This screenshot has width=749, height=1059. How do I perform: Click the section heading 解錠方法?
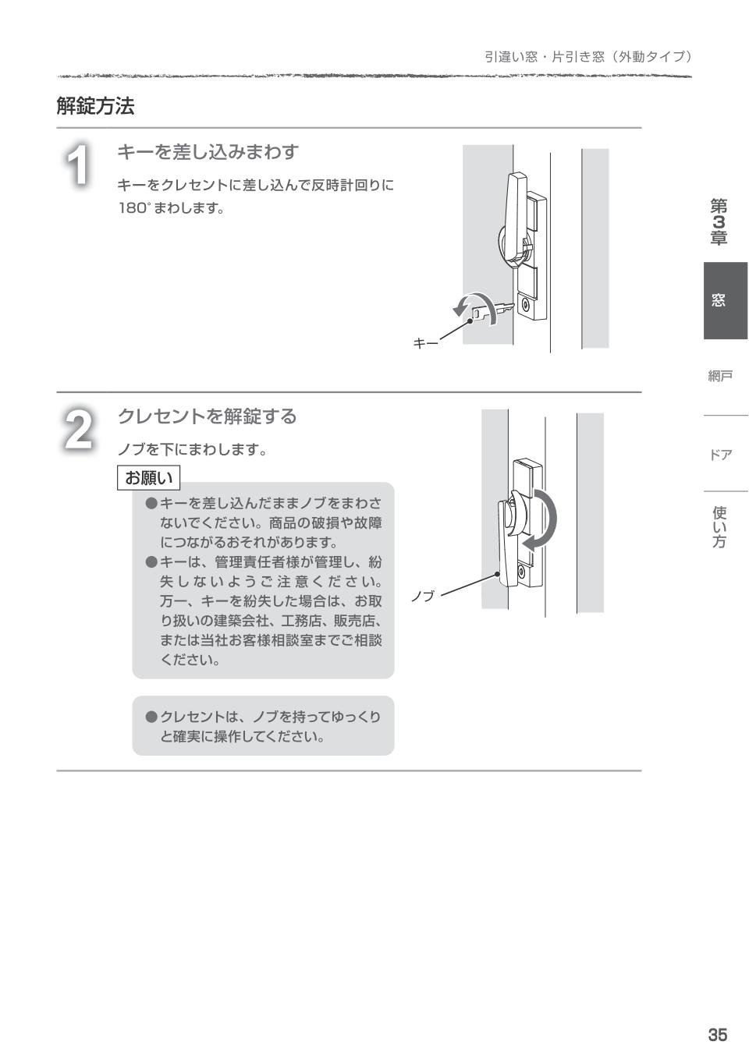pos(95,106)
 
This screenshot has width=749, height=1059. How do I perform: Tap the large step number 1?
pos(78,165)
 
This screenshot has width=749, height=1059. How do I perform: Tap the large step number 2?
pos(78,430)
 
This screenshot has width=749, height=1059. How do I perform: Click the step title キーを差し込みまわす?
pos(208,152)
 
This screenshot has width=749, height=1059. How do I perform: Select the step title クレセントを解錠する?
pos(207,416)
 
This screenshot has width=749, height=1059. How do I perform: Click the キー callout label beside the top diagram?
pos(425,343)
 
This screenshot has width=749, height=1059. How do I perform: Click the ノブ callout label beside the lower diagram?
pos(423,597)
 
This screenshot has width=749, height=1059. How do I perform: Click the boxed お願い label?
pos(148,477)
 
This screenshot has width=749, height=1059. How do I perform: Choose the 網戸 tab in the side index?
pos(720,377)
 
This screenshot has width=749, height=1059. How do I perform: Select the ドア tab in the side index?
pos(720,455)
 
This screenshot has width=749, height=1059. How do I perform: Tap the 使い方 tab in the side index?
pos(719,527)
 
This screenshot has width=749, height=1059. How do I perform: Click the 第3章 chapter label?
pos(719,222)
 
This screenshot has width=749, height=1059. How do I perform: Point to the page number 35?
pos(717,1035)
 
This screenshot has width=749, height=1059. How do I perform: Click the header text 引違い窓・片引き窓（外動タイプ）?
pos(588,57)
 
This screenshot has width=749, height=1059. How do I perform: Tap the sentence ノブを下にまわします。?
pos(192,450)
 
